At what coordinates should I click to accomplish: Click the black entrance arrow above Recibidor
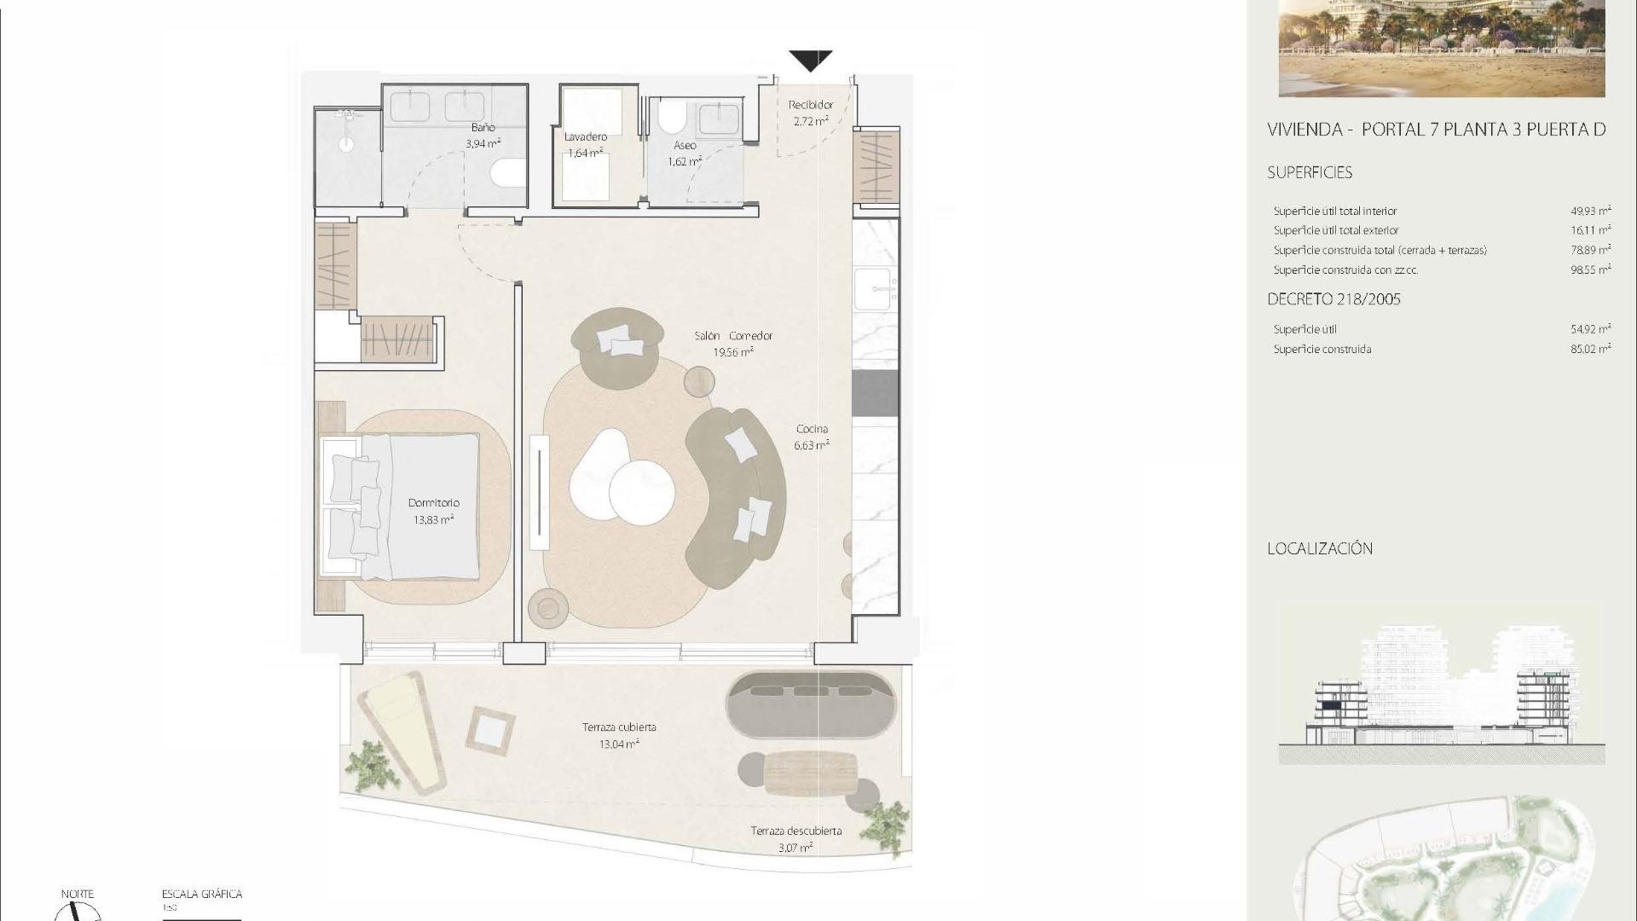810,61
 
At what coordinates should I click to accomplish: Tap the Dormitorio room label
433,503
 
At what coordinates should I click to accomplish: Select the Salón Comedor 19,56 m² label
733,344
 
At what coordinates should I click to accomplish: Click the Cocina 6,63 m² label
812,437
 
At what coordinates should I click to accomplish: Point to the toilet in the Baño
509,173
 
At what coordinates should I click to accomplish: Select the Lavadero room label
586,137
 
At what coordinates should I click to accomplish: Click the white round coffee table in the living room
641,492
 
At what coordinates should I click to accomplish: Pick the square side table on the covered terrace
490,731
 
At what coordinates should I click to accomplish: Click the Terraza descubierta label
795,831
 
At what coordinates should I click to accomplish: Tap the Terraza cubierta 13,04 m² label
619,735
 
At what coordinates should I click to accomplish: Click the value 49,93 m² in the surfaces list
1590,211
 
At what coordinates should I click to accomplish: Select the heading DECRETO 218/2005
1333,299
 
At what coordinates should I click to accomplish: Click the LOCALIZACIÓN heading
1320,549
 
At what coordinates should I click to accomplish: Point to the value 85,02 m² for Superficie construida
1590,349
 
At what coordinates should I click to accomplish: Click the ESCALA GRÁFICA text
202,894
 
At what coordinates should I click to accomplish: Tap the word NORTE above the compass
78,894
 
